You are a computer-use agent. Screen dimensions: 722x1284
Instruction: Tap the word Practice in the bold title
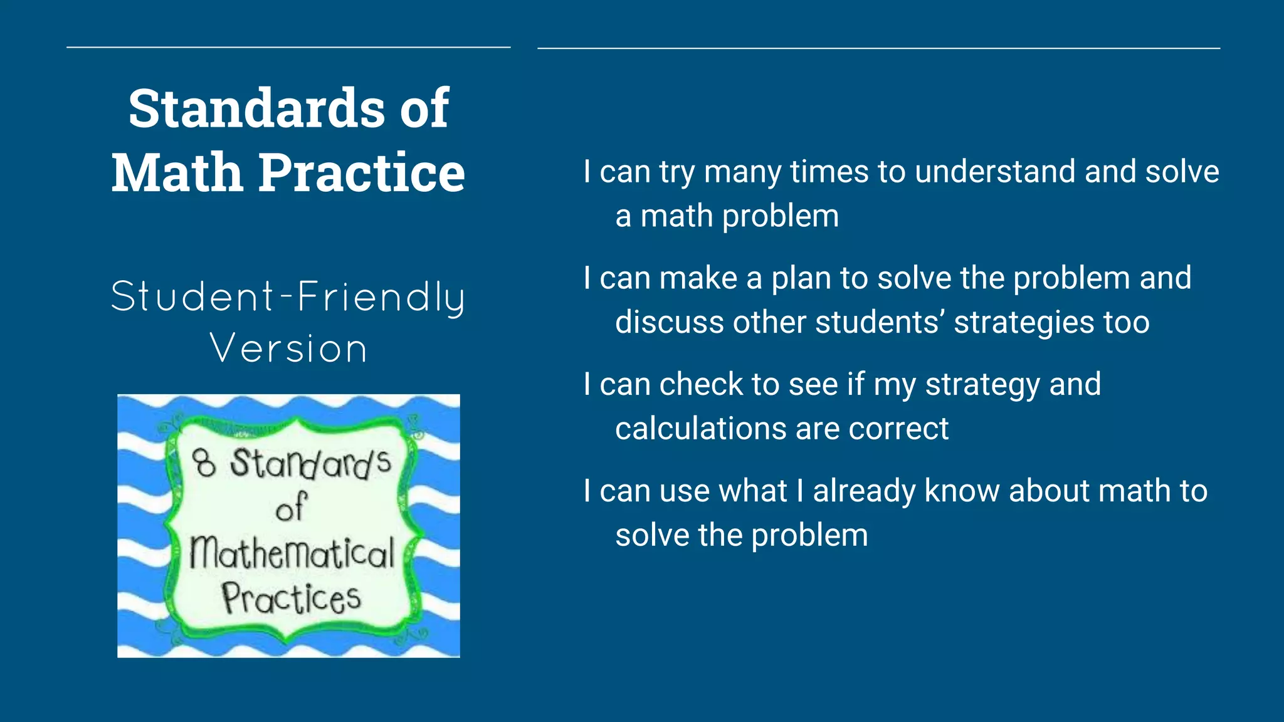[x=361, y=172]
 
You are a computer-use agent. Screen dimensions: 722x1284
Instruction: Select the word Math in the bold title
[x=177, y=172]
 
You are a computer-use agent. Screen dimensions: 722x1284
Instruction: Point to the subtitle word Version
[x=288, y=348]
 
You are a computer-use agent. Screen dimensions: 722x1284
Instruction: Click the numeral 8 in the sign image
[x=204, y=463]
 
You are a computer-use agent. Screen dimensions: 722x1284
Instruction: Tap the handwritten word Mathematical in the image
[x=292, y=553]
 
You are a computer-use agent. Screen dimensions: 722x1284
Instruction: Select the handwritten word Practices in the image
[x=291, y=598]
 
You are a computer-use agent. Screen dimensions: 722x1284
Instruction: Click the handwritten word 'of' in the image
[x=292, y=508]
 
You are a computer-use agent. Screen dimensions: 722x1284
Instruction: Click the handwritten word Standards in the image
[x=310, y=463]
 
